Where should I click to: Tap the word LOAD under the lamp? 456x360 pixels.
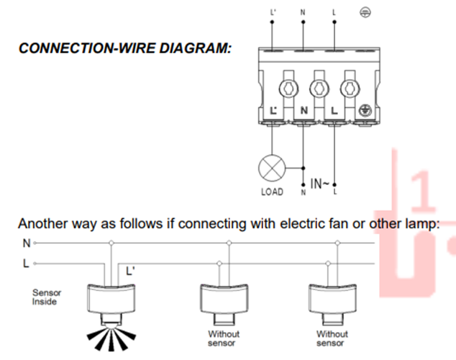tap(271, 192)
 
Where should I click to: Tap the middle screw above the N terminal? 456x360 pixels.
tap(316, 89)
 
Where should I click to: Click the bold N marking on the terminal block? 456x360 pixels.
tap(304, 112)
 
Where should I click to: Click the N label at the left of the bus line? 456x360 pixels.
tap(26, 243)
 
